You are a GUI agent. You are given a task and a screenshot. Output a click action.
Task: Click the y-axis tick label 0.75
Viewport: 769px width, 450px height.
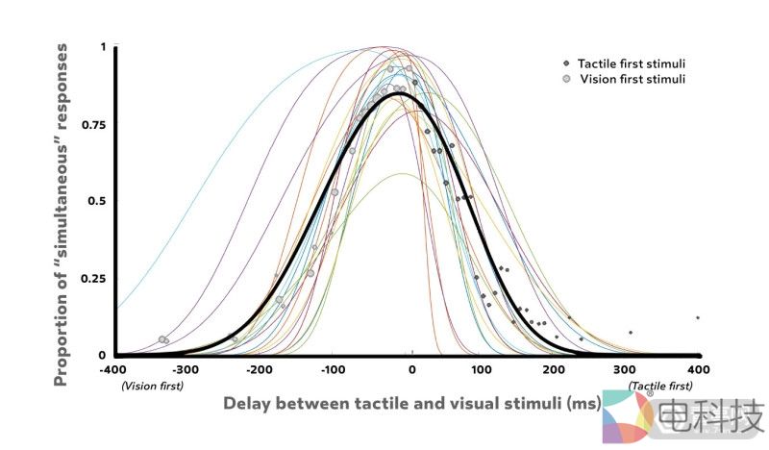pos(92,124)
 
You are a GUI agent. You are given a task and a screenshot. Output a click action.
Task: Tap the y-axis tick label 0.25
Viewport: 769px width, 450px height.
pos(92,279)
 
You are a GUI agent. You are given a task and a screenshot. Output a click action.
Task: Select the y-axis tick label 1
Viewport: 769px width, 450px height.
pos(103,47)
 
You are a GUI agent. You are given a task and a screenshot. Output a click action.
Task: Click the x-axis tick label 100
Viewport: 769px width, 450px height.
pos(483,369)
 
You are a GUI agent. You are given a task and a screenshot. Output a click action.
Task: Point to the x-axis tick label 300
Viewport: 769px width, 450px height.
pos(627,369)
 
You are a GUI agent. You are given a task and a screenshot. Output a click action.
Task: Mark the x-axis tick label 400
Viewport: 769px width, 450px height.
pos(699,369)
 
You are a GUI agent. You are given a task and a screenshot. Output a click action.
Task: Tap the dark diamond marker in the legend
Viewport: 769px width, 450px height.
pos(567,63)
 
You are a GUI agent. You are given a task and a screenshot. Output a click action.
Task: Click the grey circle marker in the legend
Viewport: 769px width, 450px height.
pos(567,79)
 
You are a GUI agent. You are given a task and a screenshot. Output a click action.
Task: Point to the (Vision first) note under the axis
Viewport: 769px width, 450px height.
pos(152,386)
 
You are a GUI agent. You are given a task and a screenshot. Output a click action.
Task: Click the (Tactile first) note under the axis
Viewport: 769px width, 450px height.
pos(659,386)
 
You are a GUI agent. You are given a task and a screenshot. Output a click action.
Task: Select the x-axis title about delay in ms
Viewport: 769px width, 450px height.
pos(411,403)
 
